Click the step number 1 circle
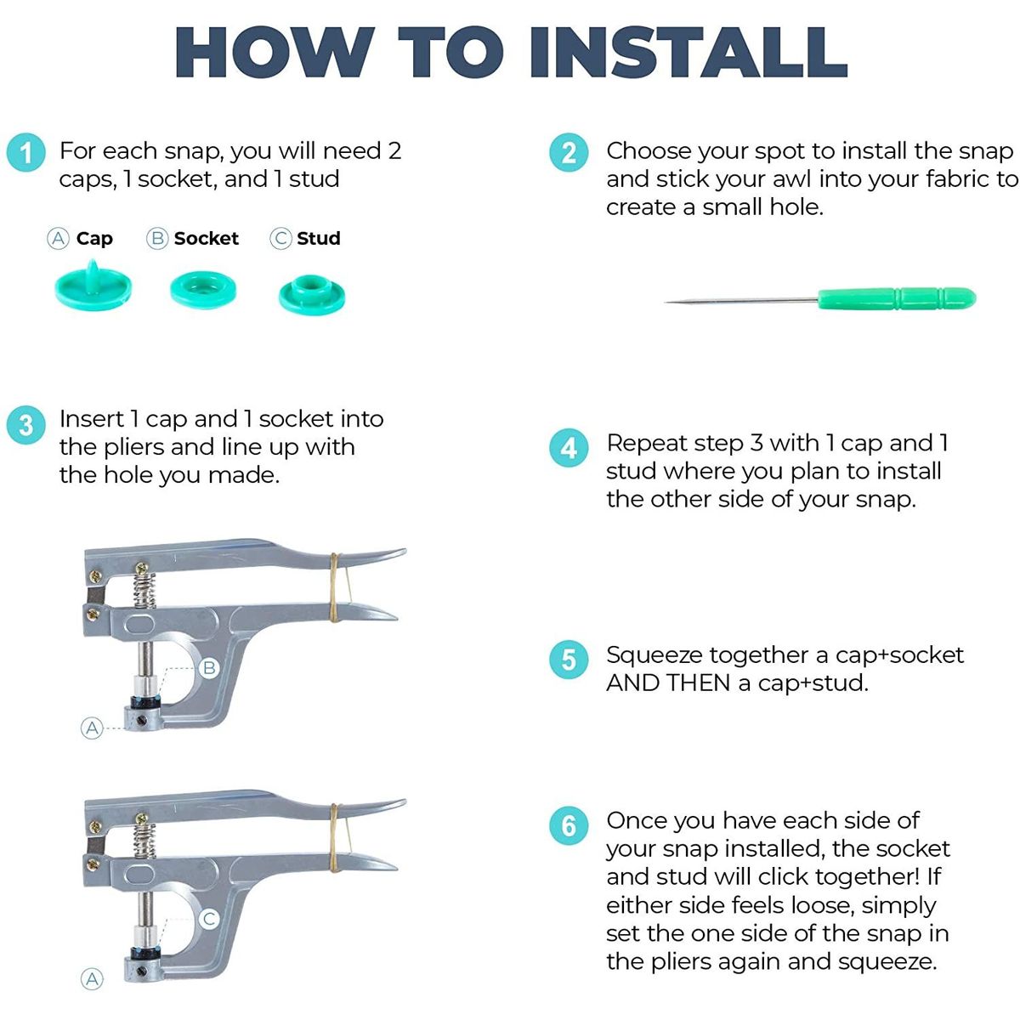click(x=26, y=152)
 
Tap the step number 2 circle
click(x=569, y=152)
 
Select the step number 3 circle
click(x=26, y=425)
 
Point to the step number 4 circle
click(x=569, y=448)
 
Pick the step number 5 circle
click(x=569, y=660)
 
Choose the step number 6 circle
click(x=569, y=825)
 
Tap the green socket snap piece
click(x=203, y=290)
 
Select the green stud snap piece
click(x=312, y=295)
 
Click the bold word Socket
click(x=207, y=238)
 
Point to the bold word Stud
click(x=319, y=238)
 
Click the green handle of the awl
click(x=897, y=298)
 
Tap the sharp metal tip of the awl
click(x=666, y=302)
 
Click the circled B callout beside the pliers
click(x=209, y=667)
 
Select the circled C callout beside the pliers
click(x=209, y=918)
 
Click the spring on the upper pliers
click(x=144, y=590)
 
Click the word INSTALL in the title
click(x=688, y=52)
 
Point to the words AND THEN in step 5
click(x=668, y=683)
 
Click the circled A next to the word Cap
click(x=59, y=238)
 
